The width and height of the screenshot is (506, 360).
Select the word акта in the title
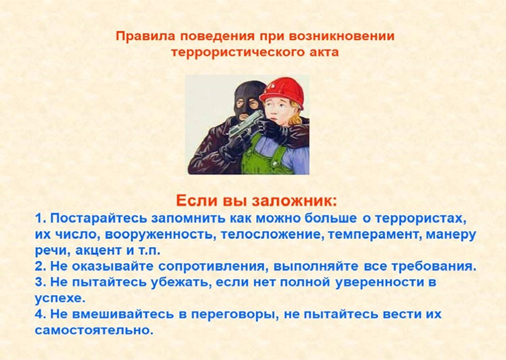[x=324, y=52]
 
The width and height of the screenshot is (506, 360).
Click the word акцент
[x=97, y=251]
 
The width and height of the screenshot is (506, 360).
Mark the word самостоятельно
[x=94, y=330]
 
